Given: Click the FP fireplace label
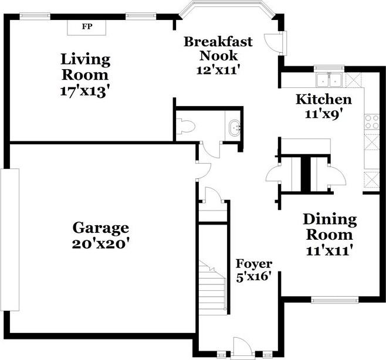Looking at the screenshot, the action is (x=87, y=26).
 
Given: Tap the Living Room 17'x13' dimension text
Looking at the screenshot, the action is (x=84, y=91).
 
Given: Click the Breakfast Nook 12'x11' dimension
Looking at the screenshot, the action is (x=218, y=70).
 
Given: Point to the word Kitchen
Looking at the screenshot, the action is (x=324, y=100).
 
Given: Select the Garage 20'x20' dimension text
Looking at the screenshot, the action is (x=101, y=244).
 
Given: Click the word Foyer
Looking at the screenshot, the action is (x=254, y=264).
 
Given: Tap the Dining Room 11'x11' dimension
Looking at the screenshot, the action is (x=328, y=251).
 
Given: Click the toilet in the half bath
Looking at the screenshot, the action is (x=185, y=127).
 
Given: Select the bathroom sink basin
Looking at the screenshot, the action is (x=235, y=127).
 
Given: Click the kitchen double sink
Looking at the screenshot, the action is (x=329, y=80).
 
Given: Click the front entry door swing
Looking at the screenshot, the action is (x=242, y=347).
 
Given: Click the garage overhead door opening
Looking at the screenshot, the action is (x=9, y=240).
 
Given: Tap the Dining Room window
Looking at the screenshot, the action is (x=335, y=300).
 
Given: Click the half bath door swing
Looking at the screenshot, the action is (x=211, y=150).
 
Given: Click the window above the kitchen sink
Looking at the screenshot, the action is (x=329, y=68).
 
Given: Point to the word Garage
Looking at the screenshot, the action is (x=101, y=228).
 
